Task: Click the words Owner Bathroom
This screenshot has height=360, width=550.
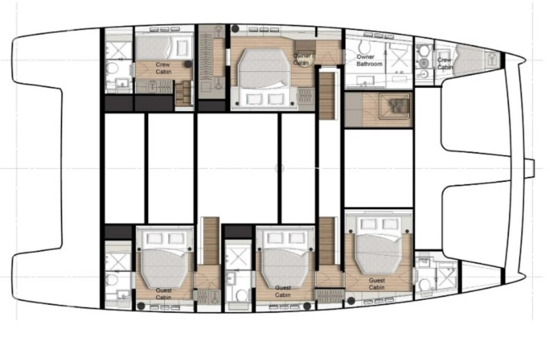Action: pos(370,60)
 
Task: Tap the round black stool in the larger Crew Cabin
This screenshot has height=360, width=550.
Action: pos(187,63)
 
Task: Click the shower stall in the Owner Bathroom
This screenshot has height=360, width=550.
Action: pos(399,57)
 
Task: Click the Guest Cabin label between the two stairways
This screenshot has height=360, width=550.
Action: pos(283,291)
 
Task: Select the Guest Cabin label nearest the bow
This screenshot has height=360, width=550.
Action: pos(377,284)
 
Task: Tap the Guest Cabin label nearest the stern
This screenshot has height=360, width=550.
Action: pos(164,293)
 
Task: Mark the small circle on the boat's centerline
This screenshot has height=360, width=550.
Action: pos(279,168)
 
